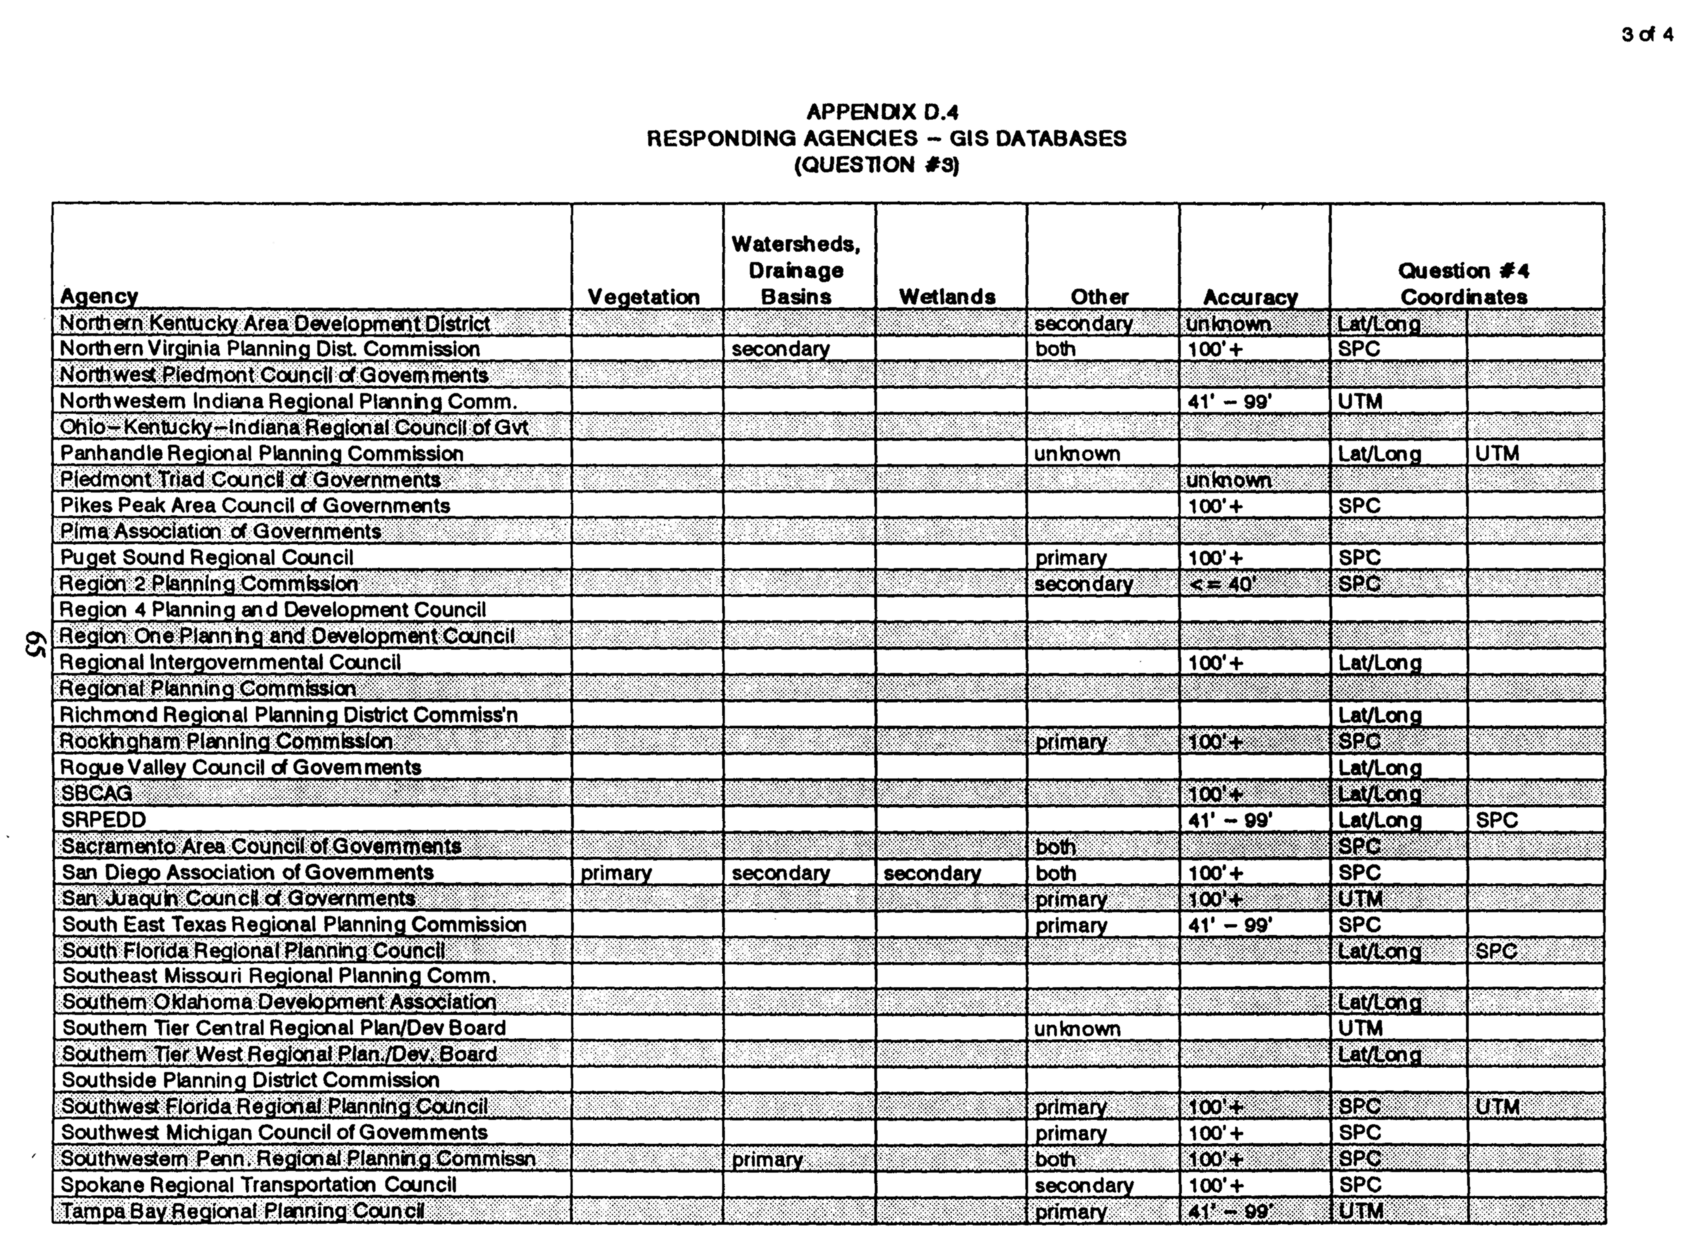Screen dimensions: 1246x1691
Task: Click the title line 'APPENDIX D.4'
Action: [882, 113]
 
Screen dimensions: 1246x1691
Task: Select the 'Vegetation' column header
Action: [643, 297]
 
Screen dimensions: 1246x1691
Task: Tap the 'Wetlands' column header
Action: [947, 297]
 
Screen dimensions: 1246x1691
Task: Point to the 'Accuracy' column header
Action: [1250, 297]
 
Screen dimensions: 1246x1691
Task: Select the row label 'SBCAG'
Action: [97, 794]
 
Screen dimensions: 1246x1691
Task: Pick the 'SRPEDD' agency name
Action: [104, 820]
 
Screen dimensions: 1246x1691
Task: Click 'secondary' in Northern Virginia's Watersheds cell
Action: [780, 349]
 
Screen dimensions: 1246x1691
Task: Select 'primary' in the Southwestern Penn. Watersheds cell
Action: [767, 1159]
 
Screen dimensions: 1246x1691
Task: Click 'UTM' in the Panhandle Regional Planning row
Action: [1497, 453]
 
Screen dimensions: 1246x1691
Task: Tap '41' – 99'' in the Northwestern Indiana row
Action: [1230, 401]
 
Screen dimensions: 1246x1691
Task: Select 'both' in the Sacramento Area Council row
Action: [1055, 846]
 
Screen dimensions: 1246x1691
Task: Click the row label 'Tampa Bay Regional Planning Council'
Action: [243, 1211]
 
